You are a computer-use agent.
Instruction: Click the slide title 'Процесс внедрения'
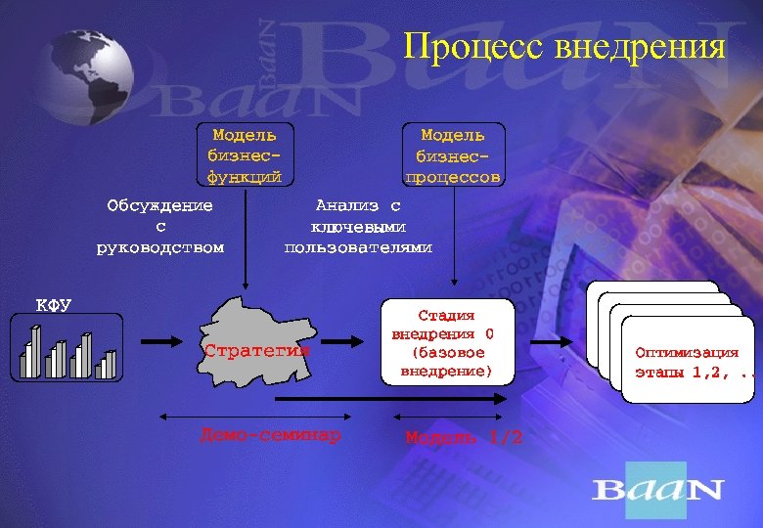[564, 46]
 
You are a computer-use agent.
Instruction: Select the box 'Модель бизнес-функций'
[244, 154]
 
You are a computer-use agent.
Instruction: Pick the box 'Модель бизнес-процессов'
[452, 154]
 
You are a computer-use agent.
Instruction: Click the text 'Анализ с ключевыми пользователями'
[357, 226]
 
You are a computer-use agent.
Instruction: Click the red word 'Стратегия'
[256, 349]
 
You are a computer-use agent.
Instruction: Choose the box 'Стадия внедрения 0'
[446, 343]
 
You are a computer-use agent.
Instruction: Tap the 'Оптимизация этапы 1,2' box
[687, 360]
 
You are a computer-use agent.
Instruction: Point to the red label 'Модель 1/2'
[464, 437]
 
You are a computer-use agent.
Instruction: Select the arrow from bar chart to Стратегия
[164, 341]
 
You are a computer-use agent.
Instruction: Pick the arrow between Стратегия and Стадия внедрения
[342, 341]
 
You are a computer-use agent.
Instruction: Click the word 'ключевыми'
[357, 226]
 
